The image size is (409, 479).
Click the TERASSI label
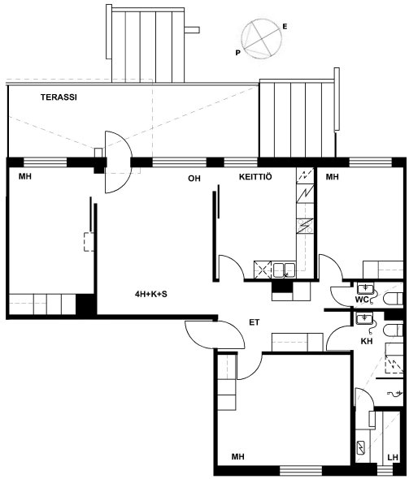[59, 97]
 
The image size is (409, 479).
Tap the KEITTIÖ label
[255, 177]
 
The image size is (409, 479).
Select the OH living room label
[194, 179]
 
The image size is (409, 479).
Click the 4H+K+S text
[151, 294]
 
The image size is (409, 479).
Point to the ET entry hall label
[255, 322]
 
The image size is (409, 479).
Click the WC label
[361, 300]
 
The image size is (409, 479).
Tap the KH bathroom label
[367, 341]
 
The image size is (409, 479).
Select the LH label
[393, 457]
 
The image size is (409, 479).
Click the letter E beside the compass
[285, 27]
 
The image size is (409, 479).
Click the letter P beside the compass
[238, 53]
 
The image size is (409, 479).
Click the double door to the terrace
[119, 162]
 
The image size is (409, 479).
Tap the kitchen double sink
[285, 270]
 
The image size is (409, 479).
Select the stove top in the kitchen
[305, 226]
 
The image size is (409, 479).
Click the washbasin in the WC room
[364, 289]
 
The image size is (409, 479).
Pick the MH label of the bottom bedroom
[237, 457]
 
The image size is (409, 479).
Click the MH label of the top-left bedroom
[25, 176]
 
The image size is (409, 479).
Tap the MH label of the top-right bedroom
[333, 176]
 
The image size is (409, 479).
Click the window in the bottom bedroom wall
[301, 470]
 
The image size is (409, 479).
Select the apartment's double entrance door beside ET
[215, 334]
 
